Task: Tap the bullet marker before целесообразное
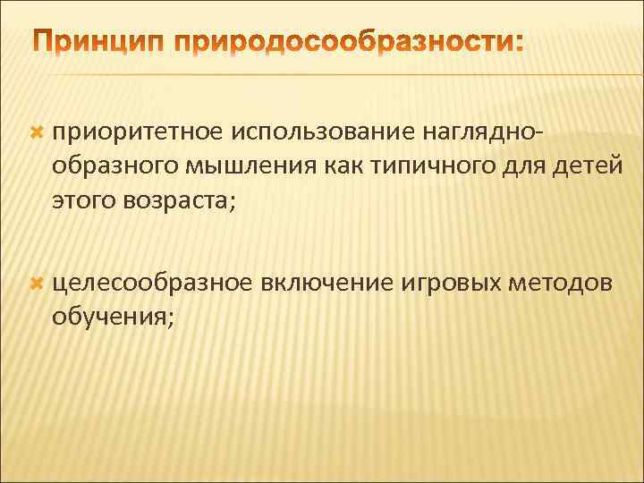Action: point(37,284)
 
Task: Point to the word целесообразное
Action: point(152,284)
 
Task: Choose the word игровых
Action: point(449,284)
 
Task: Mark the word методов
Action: point(561,284)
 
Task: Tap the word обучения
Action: point(110,316)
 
